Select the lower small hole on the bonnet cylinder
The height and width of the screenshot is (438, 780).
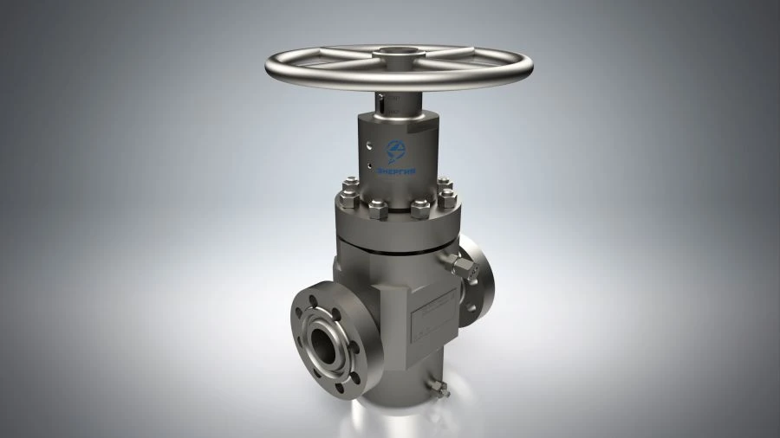[367, 163]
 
